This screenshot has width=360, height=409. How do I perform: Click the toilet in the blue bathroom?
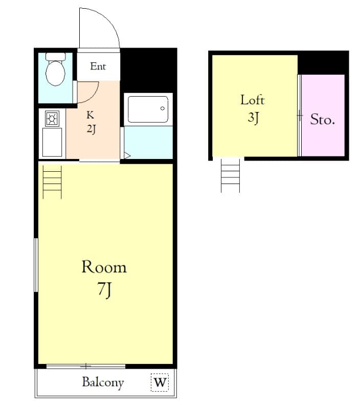click(55, 69)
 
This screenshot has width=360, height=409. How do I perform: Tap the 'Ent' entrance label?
click(98, 66)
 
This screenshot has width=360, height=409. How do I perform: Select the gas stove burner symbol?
click(52, 119)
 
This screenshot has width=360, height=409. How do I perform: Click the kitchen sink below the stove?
click(52, 142)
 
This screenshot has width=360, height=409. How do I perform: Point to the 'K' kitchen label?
click(91, 115)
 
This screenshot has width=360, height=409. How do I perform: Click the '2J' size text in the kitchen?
click(92, 129)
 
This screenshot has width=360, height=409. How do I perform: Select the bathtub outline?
click(148, 109)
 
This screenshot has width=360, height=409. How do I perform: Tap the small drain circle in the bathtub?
click(163, 108)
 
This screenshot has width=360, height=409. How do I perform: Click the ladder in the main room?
click(52, 182)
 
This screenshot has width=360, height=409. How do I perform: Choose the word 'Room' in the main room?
click(104, 267)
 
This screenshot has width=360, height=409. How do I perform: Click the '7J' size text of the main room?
click(105, 289)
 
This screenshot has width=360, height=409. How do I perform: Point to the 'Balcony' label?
click(103, 382)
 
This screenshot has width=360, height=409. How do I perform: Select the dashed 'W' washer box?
click(160, 382)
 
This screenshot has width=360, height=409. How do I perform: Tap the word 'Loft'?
click(252, 100)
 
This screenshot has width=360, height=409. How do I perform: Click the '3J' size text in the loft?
click(253, 118)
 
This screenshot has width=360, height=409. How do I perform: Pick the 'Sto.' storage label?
click(323, 120)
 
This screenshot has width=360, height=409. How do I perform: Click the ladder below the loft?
click(230, 175)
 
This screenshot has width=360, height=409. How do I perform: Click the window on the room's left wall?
click(36, 265)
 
